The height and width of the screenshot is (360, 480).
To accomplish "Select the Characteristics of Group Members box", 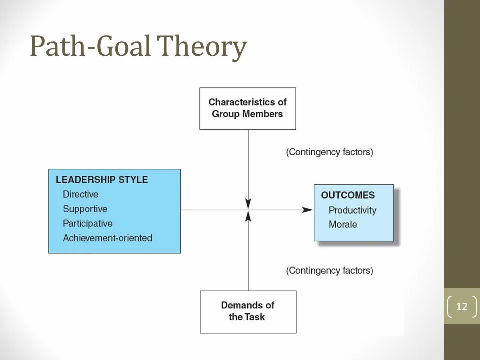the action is pyautogui.click(x=248, y=108).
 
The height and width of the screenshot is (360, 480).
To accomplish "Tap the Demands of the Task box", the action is pyautogui.click(x=248, y=311).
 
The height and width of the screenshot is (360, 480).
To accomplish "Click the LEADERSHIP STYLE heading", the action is pyautogui.click(x=102, y=180).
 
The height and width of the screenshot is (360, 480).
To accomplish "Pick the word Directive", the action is pyautogui.click(x=81, y=194).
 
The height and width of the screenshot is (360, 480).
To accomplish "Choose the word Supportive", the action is pyautogui.click(x=85, y=209).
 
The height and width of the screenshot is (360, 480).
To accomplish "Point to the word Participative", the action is pyautogui.click(x=88, y=223).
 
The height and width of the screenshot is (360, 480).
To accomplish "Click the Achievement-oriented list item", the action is pyautogui.click(x=107, y=238).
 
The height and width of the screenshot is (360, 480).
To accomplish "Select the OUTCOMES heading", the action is pyautogui.click(x=348, y=195).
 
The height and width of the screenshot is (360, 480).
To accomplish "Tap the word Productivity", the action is pyautogui.click(x=352, y=210).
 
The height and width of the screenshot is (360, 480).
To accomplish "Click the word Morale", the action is pyautogui.click(x=343, y=224).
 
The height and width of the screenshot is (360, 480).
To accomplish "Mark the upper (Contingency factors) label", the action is pyautogui.click(x=329, y=152).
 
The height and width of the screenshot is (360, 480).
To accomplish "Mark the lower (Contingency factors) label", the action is pyautogui.click(x=329, y=270).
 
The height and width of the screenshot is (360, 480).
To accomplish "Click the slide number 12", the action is pyautogui.click(x=462, y=306).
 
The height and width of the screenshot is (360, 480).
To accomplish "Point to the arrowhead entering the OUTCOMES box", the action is pyautogui.click(x=309, y=210).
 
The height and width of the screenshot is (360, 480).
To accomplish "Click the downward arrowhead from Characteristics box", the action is pyautogui.click(x=248, y=204).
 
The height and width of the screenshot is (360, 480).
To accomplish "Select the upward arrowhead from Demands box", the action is pyautogui.click(x=248, y=216).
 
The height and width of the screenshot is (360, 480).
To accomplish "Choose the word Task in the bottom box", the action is pyautogui.click(x=255, y=317).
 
